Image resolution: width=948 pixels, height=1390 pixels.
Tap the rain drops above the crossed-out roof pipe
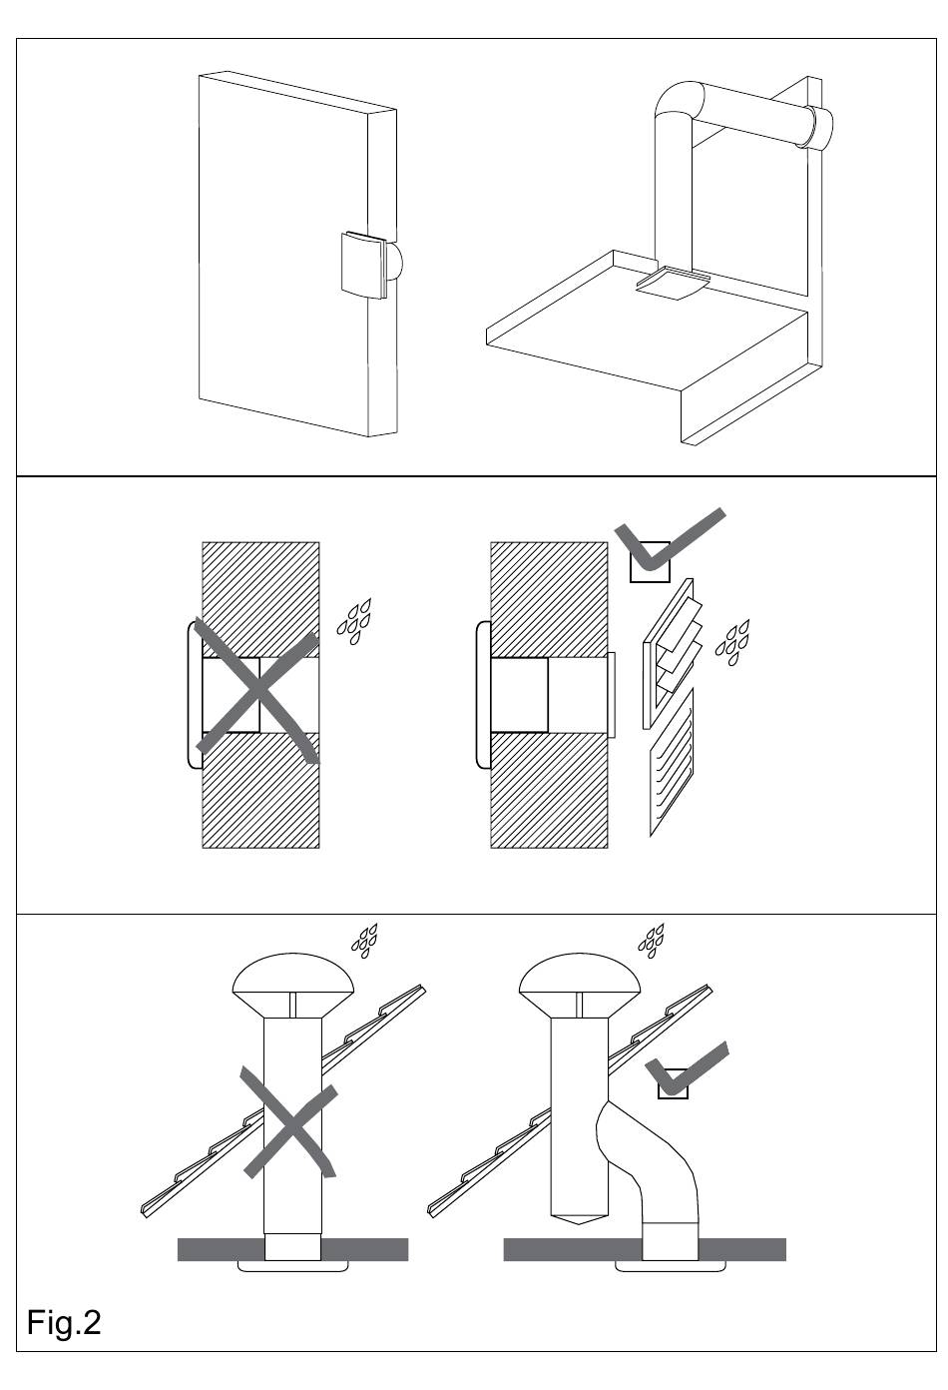point(364,939)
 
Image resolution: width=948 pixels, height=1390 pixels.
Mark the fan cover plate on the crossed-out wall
point(192,696)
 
